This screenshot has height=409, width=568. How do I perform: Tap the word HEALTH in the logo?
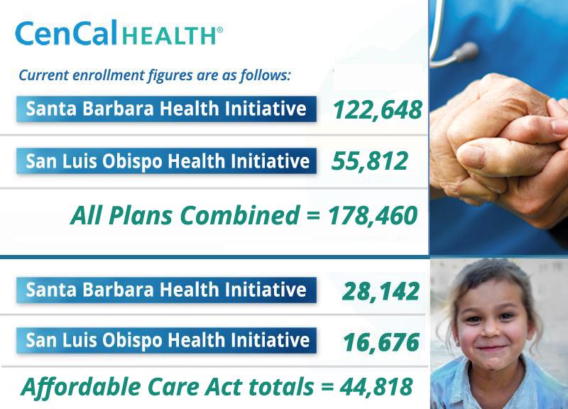(170, 36)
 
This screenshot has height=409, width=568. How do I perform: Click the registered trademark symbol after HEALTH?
(219, 30)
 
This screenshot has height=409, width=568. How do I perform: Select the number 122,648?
(378, 110)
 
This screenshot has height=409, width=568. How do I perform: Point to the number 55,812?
(369, 162)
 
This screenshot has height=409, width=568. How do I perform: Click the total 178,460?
(372, 216)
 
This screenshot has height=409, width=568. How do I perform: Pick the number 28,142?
(381, 292)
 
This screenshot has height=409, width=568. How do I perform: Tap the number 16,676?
(381, 343)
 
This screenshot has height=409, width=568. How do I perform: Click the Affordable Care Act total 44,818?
(376, 386)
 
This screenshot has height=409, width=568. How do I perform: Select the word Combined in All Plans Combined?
(239, 215)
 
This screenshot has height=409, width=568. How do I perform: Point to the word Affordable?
(82, 386)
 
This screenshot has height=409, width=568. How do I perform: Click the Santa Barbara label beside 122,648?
(166, 109)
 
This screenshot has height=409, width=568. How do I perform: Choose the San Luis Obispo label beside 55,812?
(166, 161)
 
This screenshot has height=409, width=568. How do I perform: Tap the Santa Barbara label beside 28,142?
(166, 290)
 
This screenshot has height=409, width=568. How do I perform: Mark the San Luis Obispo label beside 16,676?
(166, 341)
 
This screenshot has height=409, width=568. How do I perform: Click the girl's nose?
(491, 329)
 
